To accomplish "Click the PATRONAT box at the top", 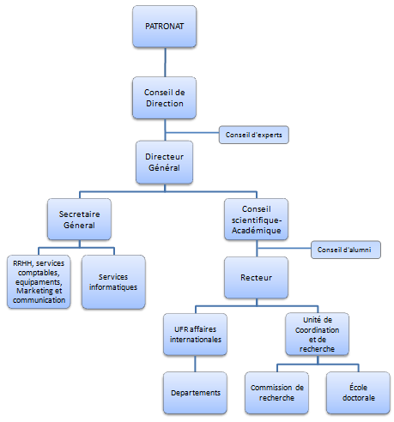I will [164, 27].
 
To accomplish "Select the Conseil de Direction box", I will [164, 97].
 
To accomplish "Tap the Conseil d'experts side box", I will [252, 134].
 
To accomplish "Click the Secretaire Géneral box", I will [82, 220].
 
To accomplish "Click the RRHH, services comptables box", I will [38, 281].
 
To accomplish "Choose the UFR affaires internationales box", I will [193, 334].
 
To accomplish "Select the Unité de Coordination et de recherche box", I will [317, 334].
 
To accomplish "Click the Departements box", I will [193, 392].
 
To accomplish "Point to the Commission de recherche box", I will [277, 392].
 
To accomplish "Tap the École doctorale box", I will [355, 392].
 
